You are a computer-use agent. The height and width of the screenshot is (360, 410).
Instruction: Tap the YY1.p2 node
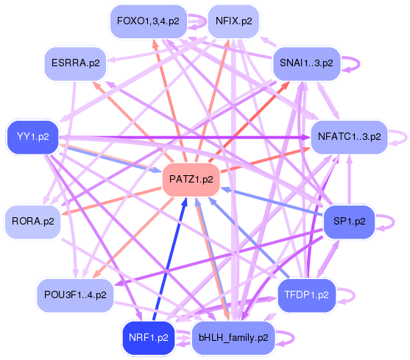[32, 137]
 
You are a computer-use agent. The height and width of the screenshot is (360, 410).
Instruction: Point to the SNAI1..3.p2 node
[305, 63]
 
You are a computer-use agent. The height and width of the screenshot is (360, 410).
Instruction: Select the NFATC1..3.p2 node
[347, 137]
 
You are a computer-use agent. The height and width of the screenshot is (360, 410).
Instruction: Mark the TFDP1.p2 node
[306, 294]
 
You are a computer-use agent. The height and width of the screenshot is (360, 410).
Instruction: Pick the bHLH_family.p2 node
[233, 338]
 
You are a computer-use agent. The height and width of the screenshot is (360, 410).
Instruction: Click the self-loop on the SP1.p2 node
[385, 221]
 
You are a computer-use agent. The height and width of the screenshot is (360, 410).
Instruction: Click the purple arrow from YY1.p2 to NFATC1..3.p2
[184, 137]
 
